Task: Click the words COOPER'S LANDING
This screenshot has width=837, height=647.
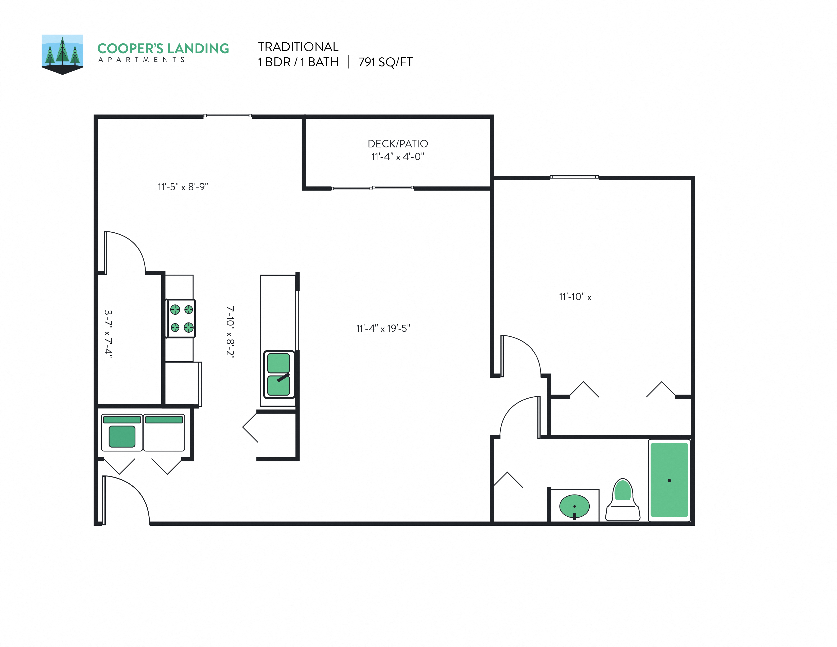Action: click(163, 49)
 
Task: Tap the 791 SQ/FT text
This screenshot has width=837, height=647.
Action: click(385, 62)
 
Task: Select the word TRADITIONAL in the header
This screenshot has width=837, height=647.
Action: click(298, 47)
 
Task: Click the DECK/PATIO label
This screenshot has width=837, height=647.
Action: click(398, 144)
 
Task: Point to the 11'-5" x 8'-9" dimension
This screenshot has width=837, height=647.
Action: click(183, 187)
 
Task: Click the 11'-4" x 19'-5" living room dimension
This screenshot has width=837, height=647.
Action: click(383, 329)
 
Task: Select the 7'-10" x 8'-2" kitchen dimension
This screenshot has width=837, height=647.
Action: click(230, 332)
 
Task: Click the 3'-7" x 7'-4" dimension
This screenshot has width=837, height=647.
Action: click(109, 334)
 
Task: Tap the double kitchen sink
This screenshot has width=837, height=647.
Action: click(278, 374)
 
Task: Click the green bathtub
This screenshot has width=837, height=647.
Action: click(669, 480)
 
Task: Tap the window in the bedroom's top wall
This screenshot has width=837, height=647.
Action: click(574, 177)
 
